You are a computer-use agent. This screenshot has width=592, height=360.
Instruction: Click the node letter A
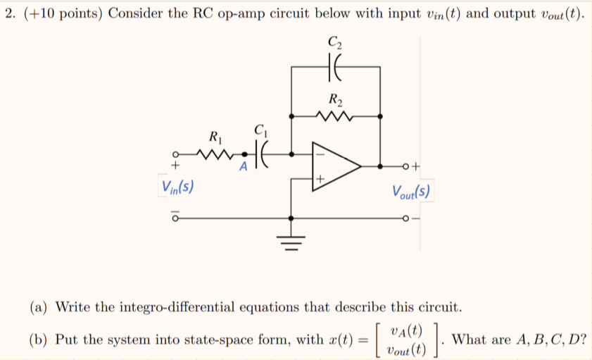[243, 167]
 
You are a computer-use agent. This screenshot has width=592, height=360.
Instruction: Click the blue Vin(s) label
[178, 187]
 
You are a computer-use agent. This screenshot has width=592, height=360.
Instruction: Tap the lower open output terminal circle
[406, 219]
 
